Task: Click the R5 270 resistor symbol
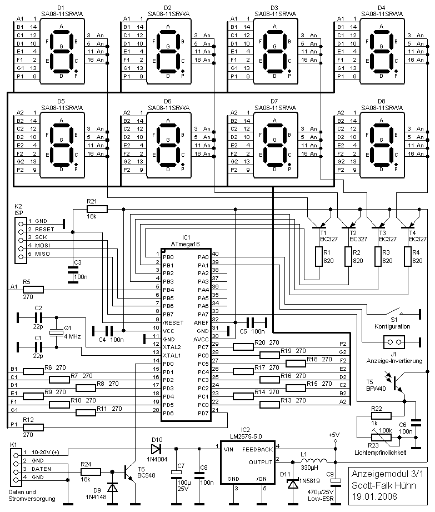pos(34,289)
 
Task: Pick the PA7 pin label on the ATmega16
pos(203,315)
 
